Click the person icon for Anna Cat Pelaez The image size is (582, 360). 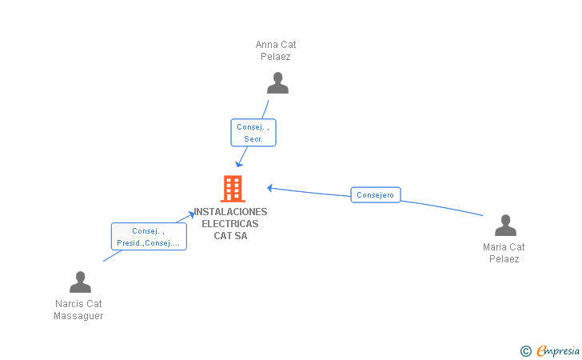click(x=277, y=83)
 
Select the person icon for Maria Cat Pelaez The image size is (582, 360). click(x=505, y=225)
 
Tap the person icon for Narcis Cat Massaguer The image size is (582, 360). click(x=80, y=282)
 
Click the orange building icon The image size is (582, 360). click(x=233, y=189)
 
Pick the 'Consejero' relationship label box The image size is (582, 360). click(x=375, y=194)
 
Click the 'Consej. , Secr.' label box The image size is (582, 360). click(x=253, y=133)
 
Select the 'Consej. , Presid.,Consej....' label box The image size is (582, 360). click(x=149, y=237)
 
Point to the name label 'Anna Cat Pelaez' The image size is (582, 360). click(x=276, y=50)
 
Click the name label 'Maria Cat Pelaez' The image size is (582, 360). click(x=504, y=253)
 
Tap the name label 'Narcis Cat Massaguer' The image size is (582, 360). click(x=78, y=310)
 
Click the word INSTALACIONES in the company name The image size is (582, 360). click(x=230, y=212)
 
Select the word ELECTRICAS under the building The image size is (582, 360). click(x=230, y=224)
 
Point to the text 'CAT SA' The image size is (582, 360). click(x=230, y=235)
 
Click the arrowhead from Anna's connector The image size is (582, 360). click(x=239, y=164)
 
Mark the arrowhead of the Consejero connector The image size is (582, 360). click(x=270, y=188)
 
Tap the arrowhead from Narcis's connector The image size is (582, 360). click(x=191, y=214)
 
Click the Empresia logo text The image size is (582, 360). click(x=558, y=351)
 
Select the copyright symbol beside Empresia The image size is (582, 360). click(x=526, y=351)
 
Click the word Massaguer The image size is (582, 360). click(x=78, y=316)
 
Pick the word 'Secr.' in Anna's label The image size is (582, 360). click(x=253, y=139)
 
